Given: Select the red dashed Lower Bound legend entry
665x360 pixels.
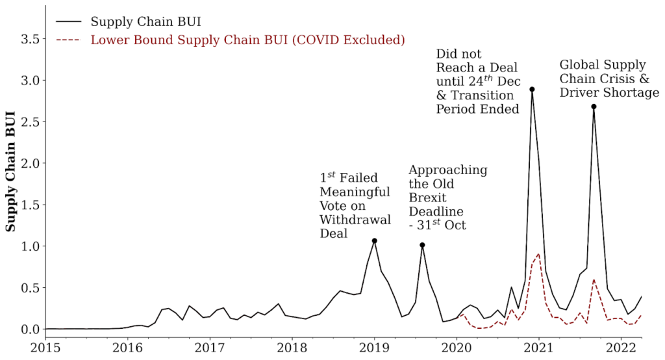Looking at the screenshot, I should click(247, 40).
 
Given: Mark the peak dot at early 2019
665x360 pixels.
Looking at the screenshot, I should click(375, 241).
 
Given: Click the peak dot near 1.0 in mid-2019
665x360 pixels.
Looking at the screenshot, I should click(422, 245).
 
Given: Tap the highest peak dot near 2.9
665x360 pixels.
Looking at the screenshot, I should click(532, 89).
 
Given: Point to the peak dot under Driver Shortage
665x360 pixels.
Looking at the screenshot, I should click(594, 107).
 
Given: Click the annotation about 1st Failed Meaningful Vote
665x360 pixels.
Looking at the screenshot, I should click(355, 205).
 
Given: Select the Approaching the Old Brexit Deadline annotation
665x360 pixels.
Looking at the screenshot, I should click(448, 198).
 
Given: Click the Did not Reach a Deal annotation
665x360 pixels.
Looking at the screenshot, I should click(478, 81).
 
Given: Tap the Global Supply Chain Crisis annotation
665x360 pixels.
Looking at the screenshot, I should click(609, 79).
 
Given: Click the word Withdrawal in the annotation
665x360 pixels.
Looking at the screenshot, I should click(355, 220).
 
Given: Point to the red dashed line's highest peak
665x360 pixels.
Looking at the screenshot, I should click(538, 254).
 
